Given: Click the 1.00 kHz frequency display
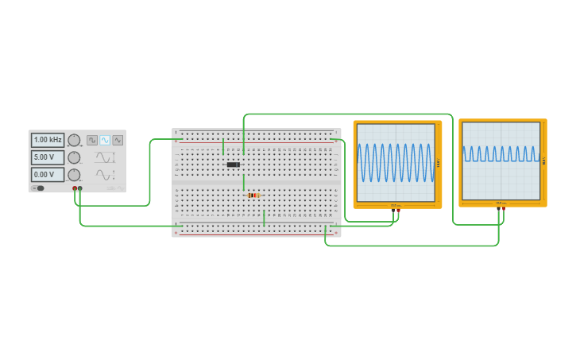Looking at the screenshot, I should (48, 140).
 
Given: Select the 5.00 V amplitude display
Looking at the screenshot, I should (48, 157).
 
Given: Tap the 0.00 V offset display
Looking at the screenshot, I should (48, 175).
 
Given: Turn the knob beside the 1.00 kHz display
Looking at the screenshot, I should (74, 140).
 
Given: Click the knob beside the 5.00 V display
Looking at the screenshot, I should (74, 157).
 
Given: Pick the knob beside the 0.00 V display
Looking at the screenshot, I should (74, 175).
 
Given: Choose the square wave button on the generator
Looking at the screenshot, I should (92, 140).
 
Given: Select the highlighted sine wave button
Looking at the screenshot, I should (105, 140).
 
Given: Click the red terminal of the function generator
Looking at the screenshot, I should (75, 188).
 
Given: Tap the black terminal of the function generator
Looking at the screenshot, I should (80, 188).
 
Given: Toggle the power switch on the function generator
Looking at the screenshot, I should (40, 188).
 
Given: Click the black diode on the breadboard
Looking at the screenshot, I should (234, 165).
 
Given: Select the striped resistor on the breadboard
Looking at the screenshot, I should (253, 195).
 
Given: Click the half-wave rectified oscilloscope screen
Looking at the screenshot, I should (501, 160).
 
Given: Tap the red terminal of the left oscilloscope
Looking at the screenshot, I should (398, 210).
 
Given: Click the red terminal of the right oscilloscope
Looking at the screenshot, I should (503, 208).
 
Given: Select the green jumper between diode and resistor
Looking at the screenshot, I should (244, 182).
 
